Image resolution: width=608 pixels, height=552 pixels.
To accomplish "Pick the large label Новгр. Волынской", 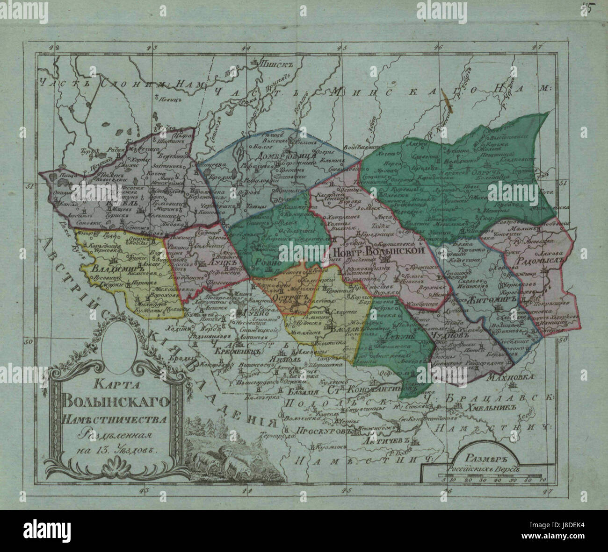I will [379, 251].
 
